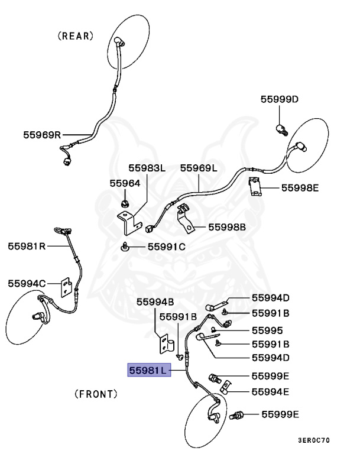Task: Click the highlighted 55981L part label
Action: (149, 370)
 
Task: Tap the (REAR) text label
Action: (76, 36)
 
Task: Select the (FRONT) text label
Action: (96, 394)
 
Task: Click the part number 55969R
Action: (42, 135)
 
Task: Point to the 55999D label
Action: (279, 99)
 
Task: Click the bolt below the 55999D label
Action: (281, 129)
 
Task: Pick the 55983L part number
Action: (147, 168)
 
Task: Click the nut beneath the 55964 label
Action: (125, 204)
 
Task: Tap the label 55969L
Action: (199, 168)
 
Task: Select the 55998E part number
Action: (300, 188)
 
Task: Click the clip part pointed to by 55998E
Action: (255, 187)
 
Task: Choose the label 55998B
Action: (227, 227)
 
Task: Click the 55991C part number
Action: (167, 247)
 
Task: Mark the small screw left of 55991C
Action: (125, 247)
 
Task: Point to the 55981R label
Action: (27, 246)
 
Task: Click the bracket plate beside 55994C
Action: (66, 287)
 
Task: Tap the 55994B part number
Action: (155, 302)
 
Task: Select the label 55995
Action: (267, 330)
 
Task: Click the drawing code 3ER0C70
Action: (314, 440)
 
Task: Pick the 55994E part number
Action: (270, 392)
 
